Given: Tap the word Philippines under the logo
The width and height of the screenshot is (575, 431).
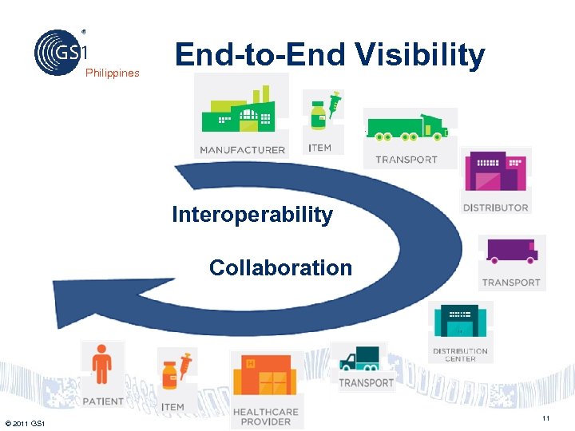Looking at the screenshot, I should pos(113,73).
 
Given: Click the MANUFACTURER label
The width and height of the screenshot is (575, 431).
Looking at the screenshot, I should pos(242,150).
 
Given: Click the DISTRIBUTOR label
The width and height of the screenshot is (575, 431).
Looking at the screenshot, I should pos(495,208).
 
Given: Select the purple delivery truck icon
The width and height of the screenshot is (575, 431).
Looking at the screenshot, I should pos(512,252).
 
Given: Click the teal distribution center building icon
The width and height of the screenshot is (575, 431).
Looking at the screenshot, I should pos(460,322).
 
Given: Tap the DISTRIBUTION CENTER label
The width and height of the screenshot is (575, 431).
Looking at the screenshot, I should pos(460,355).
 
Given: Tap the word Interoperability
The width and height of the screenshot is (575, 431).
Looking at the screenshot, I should pos(252,215).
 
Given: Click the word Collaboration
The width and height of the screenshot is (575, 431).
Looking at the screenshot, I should pos(280,267).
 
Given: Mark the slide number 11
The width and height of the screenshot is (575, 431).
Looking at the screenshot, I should pos(545,420).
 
